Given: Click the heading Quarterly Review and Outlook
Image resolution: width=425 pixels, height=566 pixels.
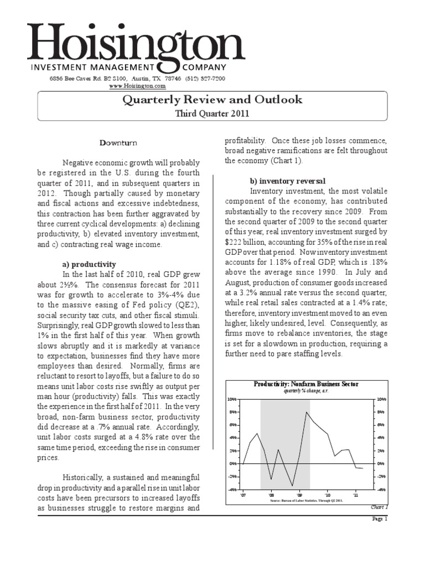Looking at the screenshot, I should click(x=212, y=100).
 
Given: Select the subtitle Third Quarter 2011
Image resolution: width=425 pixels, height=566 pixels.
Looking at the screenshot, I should click(x=212, y=113).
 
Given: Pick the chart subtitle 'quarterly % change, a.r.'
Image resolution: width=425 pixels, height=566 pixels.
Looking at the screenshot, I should click(x=305, y=390).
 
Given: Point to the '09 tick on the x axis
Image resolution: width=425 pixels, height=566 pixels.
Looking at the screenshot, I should click(x=299, y=495).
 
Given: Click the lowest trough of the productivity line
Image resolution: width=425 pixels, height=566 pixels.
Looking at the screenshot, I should click(x=292, y=486).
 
